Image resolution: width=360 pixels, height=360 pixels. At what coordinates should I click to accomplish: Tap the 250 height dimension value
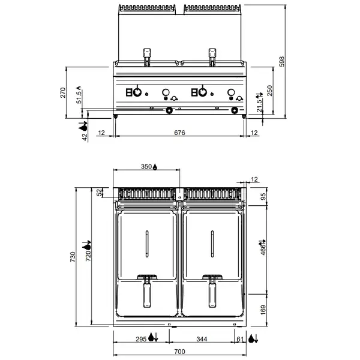point(271,91)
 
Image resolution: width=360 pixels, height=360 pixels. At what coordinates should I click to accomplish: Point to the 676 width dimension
point(179,132)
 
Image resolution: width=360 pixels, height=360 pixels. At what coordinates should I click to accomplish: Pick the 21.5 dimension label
point(259,103)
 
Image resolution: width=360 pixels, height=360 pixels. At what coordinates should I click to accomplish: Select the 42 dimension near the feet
point(85,136)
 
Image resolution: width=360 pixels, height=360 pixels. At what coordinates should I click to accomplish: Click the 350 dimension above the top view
point(146,167)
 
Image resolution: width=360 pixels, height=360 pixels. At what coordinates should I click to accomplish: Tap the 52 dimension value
point(100,192)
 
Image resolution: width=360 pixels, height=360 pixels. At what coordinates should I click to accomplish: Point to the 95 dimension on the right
point(262,196)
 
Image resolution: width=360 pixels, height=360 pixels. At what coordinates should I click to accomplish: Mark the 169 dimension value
point(262,310)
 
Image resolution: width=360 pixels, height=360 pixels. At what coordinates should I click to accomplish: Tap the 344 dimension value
point(202,340)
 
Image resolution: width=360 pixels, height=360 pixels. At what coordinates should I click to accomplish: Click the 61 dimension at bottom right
point(241,340)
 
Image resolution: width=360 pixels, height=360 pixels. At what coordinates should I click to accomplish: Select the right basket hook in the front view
point(211,55)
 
